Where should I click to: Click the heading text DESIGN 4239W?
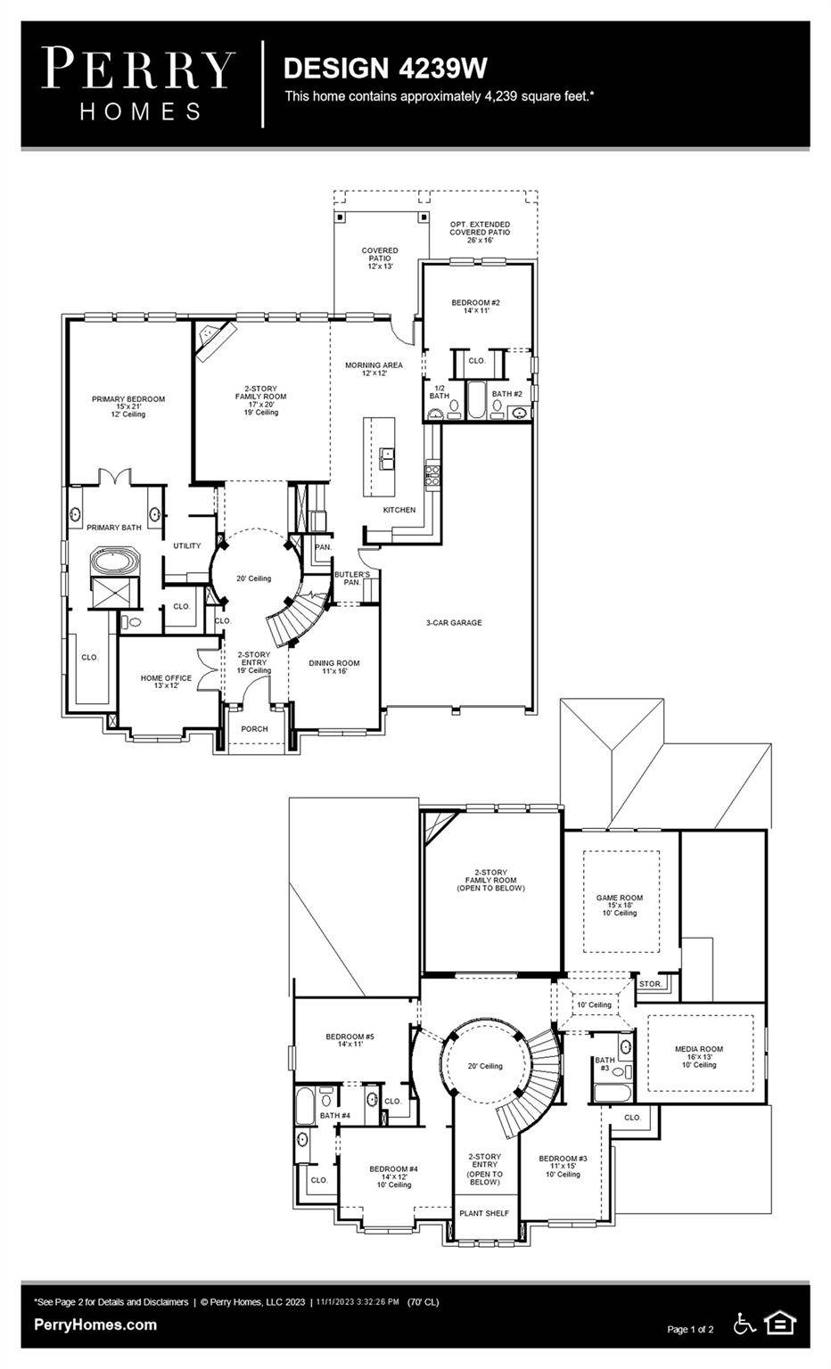click(x=384, y=68)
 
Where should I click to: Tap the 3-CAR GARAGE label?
click(x=453, y=623)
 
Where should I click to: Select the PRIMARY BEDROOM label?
click(x=128, y=400)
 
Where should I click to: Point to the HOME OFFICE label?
click(x=166, y=679)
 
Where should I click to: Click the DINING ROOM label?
click(x=334, y=663)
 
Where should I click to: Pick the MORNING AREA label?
click(x=374, y=365)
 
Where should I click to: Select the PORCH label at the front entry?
click(x=254, y=729)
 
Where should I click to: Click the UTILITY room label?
click(x=187, y=546)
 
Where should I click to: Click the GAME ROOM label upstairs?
click(x=619, y=898)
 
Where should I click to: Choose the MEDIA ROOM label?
click(x=698, y=1050)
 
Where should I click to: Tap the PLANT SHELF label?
click(x=484, y=1213)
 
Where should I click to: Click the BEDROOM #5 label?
click(x=350, y=1037)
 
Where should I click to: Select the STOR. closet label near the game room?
click(x=650, y=984)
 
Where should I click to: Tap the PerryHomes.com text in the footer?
click(x=95, y=1325)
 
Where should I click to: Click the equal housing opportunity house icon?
click(x=780, y=1324)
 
